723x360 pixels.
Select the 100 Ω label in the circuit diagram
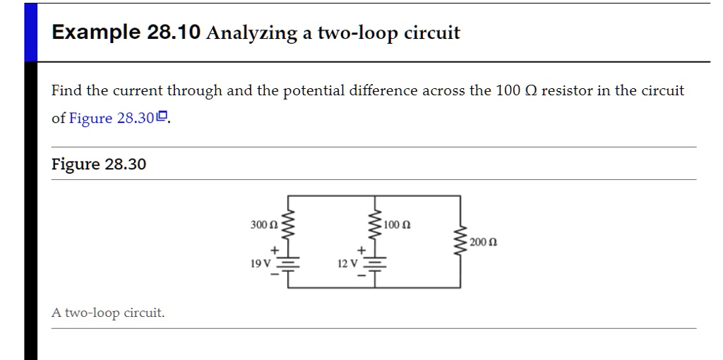(398, 224)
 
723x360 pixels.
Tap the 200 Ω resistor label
(484, 242)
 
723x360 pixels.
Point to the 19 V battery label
(261, 263)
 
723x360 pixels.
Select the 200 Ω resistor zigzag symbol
(462, 242)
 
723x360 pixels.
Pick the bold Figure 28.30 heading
(99, 164)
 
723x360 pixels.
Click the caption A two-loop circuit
(108, 312)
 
